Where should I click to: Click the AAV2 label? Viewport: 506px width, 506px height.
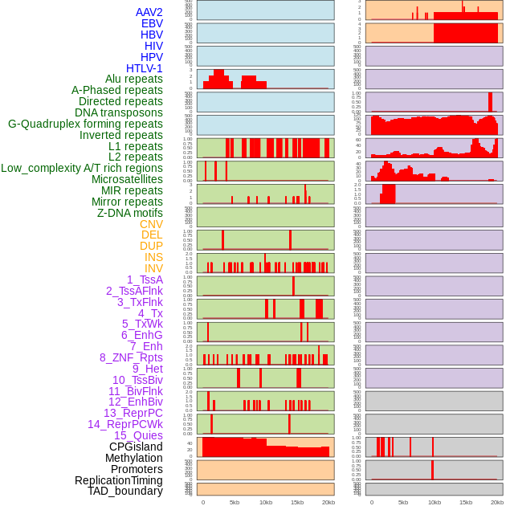click(149, 12)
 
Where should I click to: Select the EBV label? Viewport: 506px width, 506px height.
click(151, 23)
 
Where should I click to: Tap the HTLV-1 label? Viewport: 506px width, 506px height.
click(144, 68)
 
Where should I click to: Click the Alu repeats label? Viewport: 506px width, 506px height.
click(133, 79)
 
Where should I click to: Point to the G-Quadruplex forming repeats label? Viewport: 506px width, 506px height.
click(85, 124)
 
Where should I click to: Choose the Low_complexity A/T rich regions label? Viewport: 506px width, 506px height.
click(82, 168)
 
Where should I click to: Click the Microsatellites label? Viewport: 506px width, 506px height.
click(127, 179)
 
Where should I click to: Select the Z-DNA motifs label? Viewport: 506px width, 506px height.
click(129, 213)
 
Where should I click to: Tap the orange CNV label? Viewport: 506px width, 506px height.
click(151, 224)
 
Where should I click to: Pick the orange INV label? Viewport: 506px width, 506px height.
click(153, 268)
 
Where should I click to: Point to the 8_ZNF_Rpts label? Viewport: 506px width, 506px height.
click(131, 357)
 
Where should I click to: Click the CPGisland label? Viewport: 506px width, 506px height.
click(136, 447)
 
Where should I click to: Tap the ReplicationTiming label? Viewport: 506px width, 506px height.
click(118, 480)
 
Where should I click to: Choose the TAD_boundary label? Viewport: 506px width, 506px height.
click(124, 491)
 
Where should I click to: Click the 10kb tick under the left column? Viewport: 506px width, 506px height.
click(265, 502)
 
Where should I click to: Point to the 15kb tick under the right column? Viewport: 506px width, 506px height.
click(465, 502)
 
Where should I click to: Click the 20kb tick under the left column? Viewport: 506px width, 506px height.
click(328, 502)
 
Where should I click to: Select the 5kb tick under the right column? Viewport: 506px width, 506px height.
click(402, 502)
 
